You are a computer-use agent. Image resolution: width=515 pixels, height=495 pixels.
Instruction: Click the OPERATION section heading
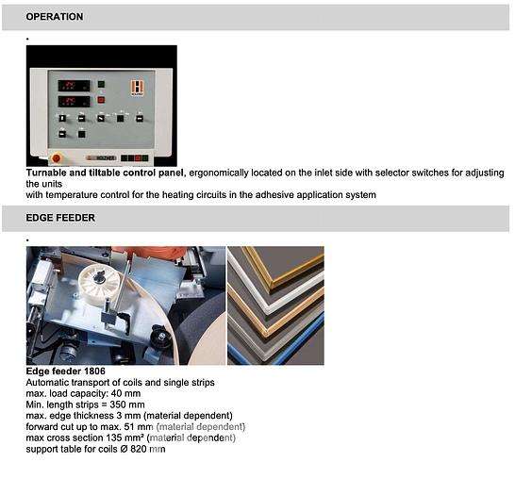point(55,17)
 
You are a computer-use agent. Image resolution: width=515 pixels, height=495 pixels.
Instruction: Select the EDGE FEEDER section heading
point(60,218)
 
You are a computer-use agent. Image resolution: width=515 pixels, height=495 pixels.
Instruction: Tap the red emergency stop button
point(57,158)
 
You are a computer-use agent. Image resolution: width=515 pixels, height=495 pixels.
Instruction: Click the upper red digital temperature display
point(75,86)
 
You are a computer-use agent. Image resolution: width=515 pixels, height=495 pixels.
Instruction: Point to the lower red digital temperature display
point(75,102)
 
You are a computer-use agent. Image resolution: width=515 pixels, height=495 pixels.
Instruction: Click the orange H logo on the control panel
point(138,88)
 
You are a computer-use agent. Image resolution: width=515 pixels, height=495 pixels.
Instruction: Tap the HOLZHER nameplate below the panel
point(102,158)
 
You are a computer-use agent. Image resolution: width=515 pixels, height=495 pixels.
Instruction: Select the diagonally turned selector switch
point(101,118)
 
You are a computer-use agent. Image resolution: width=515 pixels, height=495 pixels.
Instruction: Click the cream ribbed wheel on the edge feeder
point(100,280)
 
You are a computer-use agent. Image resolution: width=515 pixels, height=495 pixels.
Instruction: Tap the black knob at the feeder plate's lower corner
point(161,336)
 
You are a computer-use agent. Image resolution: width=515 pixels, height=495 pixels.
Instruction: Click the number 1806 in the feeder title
point(94,371)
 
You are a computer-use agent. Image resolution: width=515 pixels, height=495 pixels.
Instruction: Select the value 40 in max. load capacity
point(116,393)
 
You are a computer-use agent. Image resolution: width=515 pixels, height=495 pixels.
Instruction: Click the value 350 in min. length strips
point(118,404)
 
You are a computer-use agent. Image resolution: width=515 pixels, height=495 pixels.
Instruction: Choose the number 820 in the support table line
point(139,450)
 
